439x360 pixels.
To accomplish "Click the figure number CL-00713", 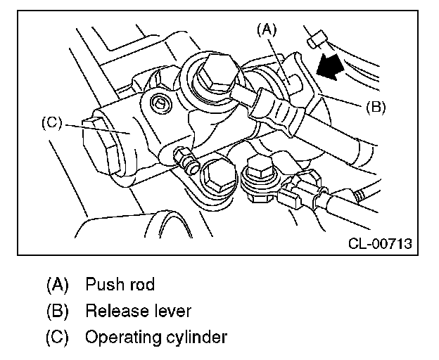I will pos(380,244).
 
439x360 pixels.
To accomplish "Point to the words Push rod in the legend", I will pos(120,285).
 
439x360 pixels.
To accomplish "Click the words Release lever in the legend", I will pos(138,311).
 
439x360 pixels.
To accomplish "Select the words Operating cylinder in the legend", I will pos(156,337).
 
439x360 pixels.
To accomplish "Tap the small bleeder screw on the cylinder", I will pos(186,160).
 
